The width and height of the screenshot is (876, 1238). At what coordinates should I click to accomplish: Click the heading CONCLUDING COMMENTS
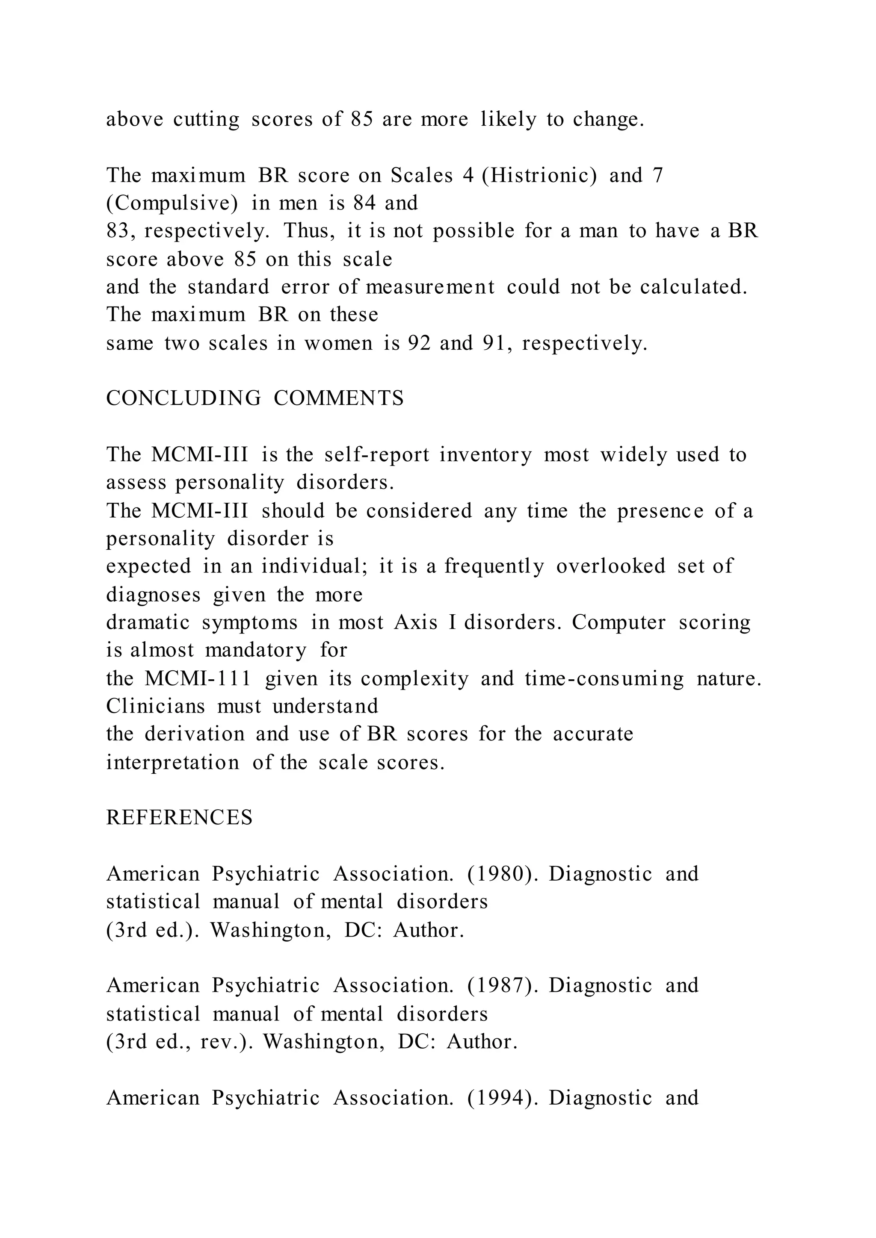(255, 398)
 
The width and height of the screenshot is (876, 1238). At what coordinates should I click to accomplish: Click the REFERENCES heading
(179, 818)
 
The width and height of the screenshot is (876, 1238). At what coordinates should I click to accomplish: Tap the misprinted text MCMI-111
(198, 678)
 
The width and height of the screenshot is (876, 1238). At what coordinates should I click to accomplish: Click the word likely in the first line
(509, 119)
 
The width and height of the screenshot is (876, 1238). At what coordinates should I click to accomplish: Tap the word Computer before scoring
(619, 622)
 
